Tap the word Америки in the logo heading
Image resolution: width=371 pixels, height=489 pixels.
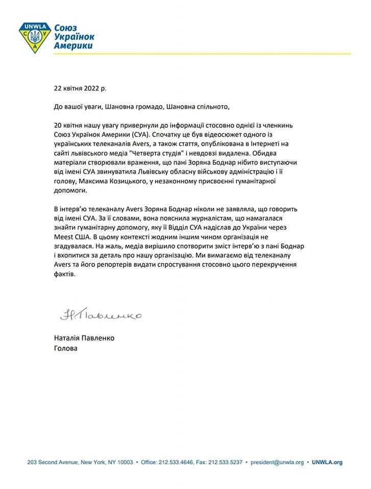[74, 46]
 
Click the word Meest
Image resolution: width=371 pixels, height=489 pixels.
[64, 237]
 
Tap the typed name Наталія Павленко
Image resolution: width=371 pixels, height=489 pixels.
[84, 338]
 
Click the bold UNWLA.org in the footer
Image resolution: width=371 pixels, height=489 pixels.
[327, 463]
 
